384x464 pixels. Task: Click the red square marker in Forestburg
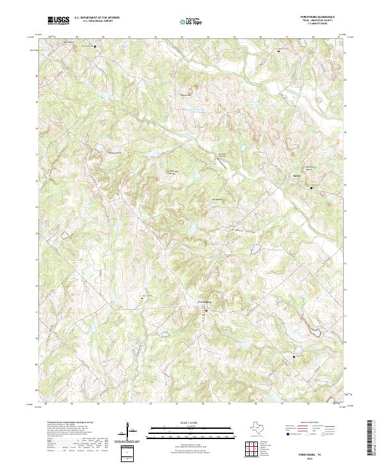(x=207, y=312)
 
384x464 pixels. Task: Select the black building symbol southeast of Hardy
(x=312, y=188)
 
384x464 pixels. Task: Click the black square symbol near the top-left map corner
(x=96, y=47)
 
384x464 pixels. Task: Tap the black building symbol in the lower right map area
(x=294, y=355)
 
